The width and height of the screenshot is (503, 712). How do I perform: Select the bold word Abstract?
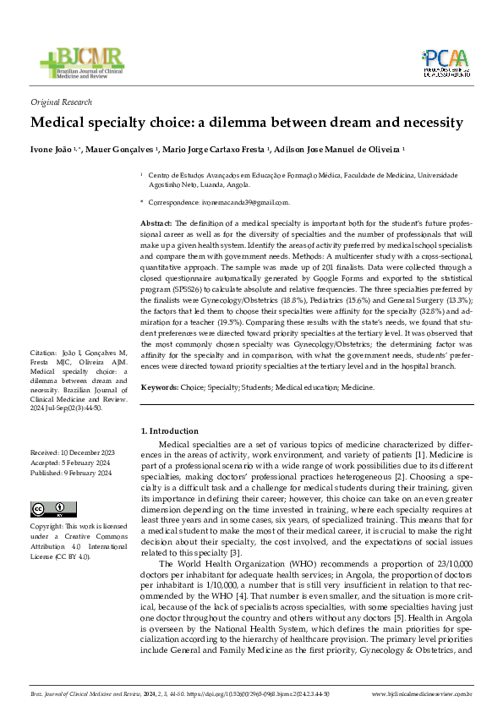(x=156, y=221)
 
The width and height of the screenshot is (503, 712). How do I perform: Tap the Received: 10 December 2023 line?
(x=71, y=454)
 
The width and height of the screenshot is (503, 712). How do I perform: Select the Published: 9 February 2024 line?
(x=70, y=474)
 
